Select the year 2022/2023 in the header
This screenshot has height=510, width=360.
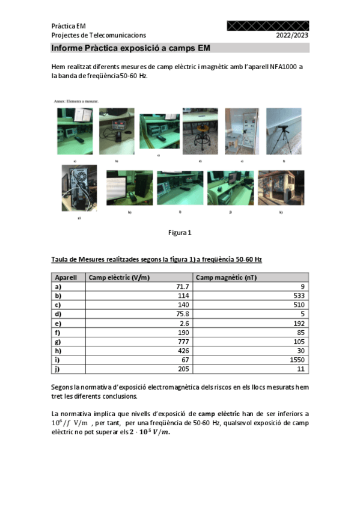point(292,35)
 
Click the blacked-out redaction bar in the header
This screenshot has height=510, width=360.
point(268,26)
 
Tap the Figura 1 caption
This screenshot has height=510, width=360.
point(180,232)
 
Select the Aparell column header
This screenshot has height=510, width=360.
point(66,277)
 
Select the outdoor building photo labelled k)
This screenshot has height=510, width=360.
point(281,187)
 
